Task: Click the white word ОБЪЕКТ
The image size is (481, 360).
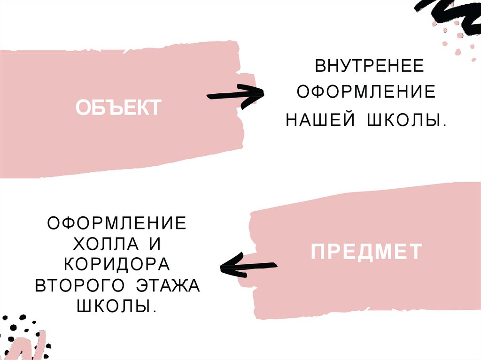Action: click(x=119, y=108)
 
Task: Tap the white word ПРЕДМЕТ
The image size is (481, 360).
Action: click(x=366, y=252)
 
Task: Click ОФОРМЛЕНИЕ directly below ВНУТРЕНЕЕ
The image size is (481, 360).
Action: click(x=365, y=92)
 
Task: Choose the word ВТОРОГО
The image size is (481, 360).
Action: click(x=80, y=286)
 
